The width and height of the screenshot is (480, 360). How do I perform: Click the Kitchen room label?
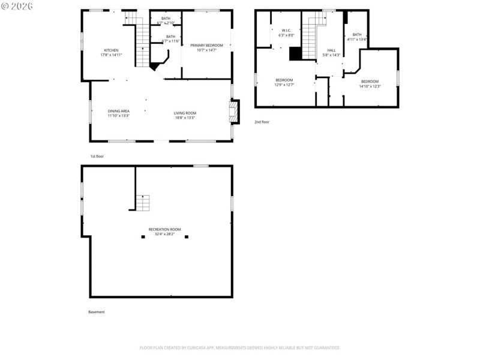click(111, 50)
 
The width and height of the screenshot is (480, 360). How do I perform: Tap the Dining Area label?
click(118, 111)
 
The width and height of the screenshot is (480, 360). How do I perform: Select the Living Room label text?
click(185, 113)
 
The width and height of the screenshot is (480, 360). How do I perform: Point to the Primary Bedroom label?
click(206, 46)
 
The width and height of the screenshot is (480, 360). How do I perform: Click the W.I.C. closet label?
click(286, 31)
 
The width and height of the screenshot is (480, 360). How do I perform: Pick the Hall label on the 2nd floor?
click(331, 50)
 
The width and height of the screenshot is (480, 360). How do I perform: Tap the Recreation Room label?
click(164, 229)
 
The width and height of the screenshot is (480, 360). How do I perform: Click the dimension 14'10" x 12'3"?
click(370, 86)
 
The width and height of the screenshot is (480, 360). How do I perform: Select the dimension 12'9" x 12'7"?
click(284, 85)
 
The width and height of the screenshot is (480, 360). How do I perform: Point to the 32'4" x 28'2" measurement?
click(164, 234)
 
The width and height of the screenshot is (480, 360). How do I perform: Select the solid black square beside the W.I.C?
click(295, 54)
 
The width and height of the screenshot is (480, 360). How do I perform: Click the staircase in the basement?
click(142, 203)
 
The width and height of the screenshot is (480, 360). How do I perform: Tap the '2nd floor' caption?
click(262, 122)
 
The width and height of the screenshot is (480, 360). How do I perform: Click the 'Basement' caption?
click(96, 312)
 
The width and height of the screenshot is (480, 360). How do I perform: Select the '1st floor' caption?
click(97, 156)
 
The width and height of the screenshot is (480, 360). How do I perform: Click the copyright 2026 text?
click(17, 5)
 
